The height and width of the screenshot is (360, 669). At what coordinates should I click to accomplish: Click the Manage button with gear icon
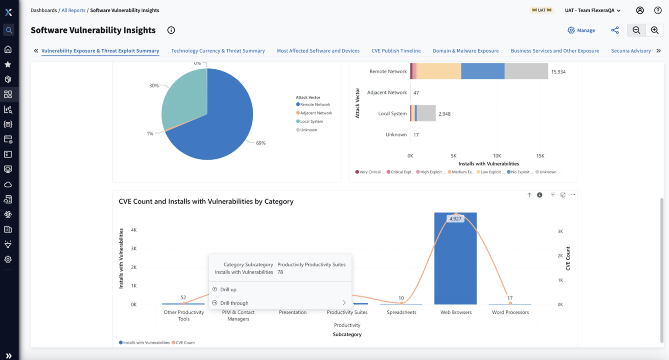click(x=581, y=30)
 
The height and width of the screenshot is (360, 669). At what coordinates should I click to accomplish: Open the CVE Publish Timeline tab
click(x=396, y=51)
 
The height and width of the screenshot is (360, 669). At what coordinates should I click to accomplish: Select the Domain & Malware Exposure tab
click(x=466, y=51)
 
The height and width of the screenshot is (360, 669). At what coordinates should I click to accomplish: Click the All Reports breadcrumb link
click(x=73, y=10)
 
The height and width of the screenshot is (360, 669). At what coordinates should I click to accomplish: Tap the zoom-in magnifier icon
click(x=655, y=30)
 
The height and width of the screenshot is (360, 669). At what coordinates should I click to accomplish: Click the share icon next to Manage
click(x=615, y=30)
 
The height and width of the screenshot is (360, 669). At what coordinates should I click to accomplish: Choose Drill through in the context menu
click(x=234, y=303)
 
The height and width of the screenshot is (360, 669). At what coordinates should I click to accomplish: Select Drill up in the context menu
click(x=228, y=289)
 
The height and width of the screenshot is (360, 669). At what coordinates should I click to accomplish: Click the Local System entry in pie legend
click(x=311, y=121)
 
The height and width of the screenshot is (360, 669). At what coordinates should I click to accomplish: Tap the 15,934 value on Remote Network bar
click(x=558, y=72)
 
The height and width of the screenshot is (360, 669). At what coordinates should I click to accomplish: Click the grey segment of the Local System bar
click(x=426, y=114)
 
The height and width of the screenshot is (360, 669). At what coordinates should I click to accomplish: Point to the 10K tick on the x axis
click(x=497, y=156)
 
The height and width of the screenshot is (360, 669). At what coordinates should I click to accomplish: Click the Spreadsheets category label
click(x=401, y=313)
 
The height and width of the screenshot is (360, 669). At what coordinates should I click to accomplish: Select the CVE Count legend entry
click(x=185, y=343)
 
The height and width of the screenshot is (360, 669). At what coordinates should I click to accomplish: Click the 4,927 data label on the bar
click(x=455, y=219)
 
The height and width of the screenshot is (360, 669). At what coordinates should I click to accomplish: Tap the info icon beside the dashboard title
click(x=171, y=30)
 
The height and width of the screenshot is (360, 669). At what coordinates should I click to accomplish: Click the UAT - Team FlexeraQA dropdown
click(x=592, y=10)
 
